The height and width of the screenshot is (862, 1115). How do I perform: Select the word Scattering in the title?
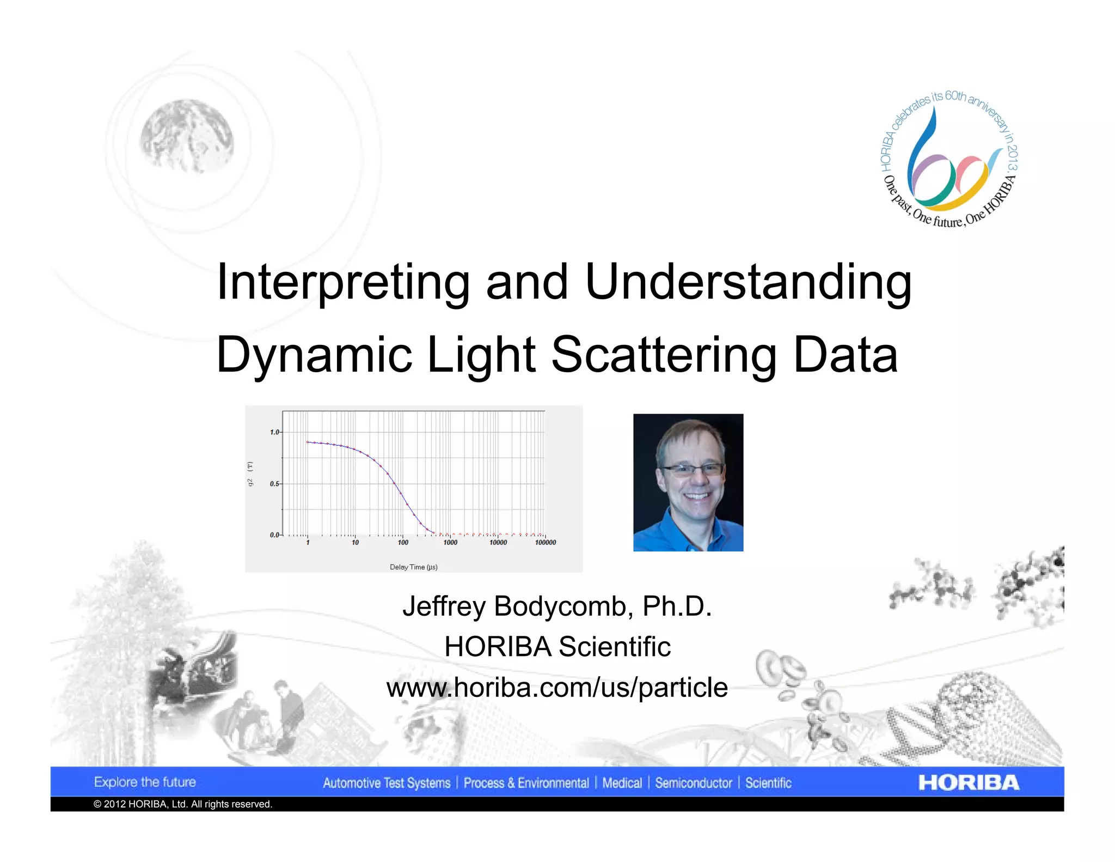pos(664,355)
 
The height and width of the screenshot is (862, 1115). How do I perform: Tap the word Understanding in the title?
pos(748,282)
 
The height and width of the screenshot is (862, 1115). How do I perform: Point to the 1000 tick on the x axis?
pos(450,542)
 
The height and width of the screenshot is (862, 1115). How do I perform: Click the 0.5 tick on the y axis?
pos(274,484)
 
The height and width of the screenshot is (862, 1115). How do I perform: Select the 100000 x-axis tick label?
pos(545,542)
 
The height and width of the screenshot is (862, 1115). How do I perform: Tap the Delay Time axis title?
pos(413,567)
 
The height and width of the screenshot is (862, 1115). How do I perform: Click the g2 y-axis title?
pos(250,474)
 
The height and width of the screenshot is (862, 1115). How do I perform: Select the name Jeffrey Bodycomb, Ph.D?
pos(557,606)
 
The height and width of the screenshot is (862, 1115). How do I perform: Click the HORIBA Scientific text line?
pos(557,647)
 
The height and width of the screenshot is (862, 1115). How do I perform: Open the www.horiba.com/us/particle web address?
pos(557,687)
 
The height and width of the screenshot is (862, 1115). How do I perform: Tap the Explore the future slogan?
pos(145,782)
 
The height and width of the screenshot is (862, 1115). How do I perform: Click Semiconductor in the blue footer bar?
pos(693,783)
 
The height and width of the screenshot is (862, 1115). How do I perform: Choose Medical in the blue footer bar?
pos(622,783)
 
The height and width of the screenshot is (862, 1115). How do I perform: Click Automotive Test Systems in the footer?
pos(387,783)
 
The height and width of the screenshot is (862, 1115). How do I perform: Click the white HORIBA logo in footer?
pos(968,782)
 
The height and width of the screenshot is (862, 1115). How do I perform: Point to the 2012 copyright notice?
pos(183,804)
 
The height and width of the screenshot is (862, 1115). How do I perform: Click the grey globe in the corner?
pos(187,136)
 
